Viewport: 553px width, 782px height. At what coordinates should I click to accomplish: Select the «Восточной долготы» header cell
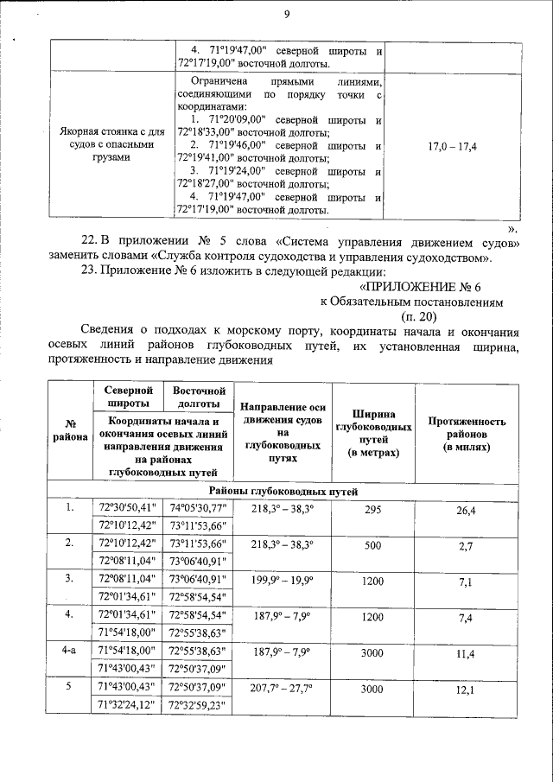tap(199, 397)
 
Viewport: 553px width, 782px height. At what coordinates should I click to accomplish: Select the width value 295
tap(372, 511)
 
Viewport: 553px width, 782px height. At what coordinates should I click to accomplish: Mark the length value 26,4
tap(466, 511)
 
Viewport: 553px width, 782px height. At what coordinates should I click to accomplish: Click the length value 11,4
tap(466, 653)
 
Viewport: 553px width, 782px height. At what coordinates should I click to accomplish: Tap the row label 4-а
tap(70, 652)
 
